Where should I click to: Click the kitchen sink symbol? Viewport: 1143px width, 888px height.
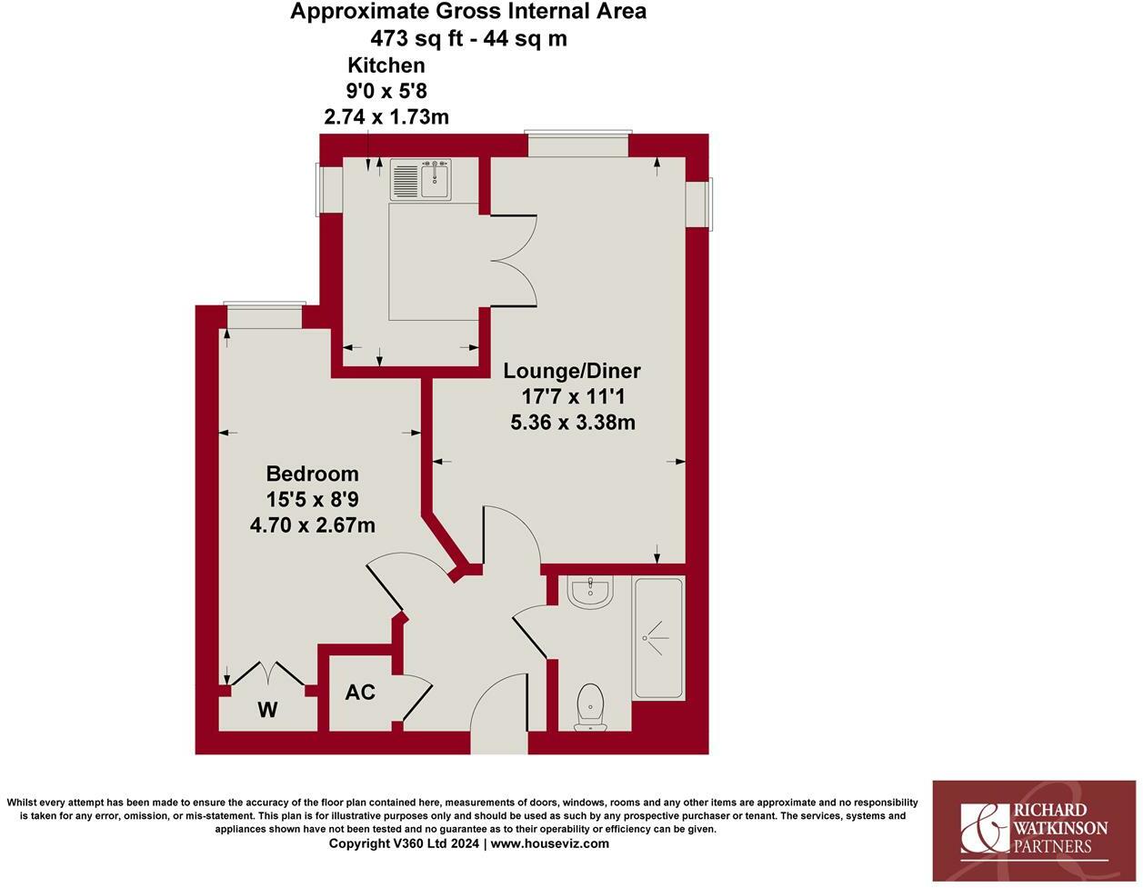point(421,179)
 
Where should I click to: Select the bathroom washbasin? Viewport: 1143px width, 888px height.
point(591,593)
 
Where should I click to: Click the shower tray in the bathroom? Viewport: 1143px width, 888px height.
point(659,638)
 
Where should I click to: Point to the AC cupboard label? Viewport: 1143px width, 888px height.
point(360,693)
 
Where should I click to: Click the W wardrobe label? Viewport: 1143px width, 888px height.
point(266,710)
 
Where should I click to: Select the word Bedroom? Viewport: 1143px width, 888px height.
point(312,474)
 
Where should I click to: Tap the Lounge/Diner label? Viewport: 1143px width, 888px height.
point(572,371)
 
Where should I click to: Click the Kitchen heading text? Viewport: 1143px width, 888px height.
point(386,65)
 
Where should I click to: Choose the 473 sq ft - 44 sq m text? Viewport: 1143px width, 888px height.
point(468,38)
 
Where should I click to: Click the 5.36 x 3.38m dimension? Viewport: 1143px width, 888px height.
point(572,422)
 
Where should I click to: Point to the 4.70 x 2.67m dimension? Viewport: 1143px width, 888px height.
point(312,524)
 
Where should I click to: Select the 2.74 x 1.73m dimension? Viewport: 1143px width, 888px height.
point(386,116)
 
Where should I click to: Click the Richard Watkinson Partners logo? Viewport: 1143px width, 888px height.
point(1034,830)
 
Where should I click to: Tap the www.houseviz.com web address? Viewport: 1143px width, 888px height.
point(550,843)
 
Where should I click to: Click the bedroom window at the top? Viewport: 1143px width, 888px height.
point(265,315)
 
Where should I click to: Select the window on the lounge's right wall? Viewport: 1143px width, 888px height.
point(698,204)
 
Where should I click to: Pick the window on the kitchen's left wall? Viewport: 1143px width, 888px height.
point(328,189)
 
